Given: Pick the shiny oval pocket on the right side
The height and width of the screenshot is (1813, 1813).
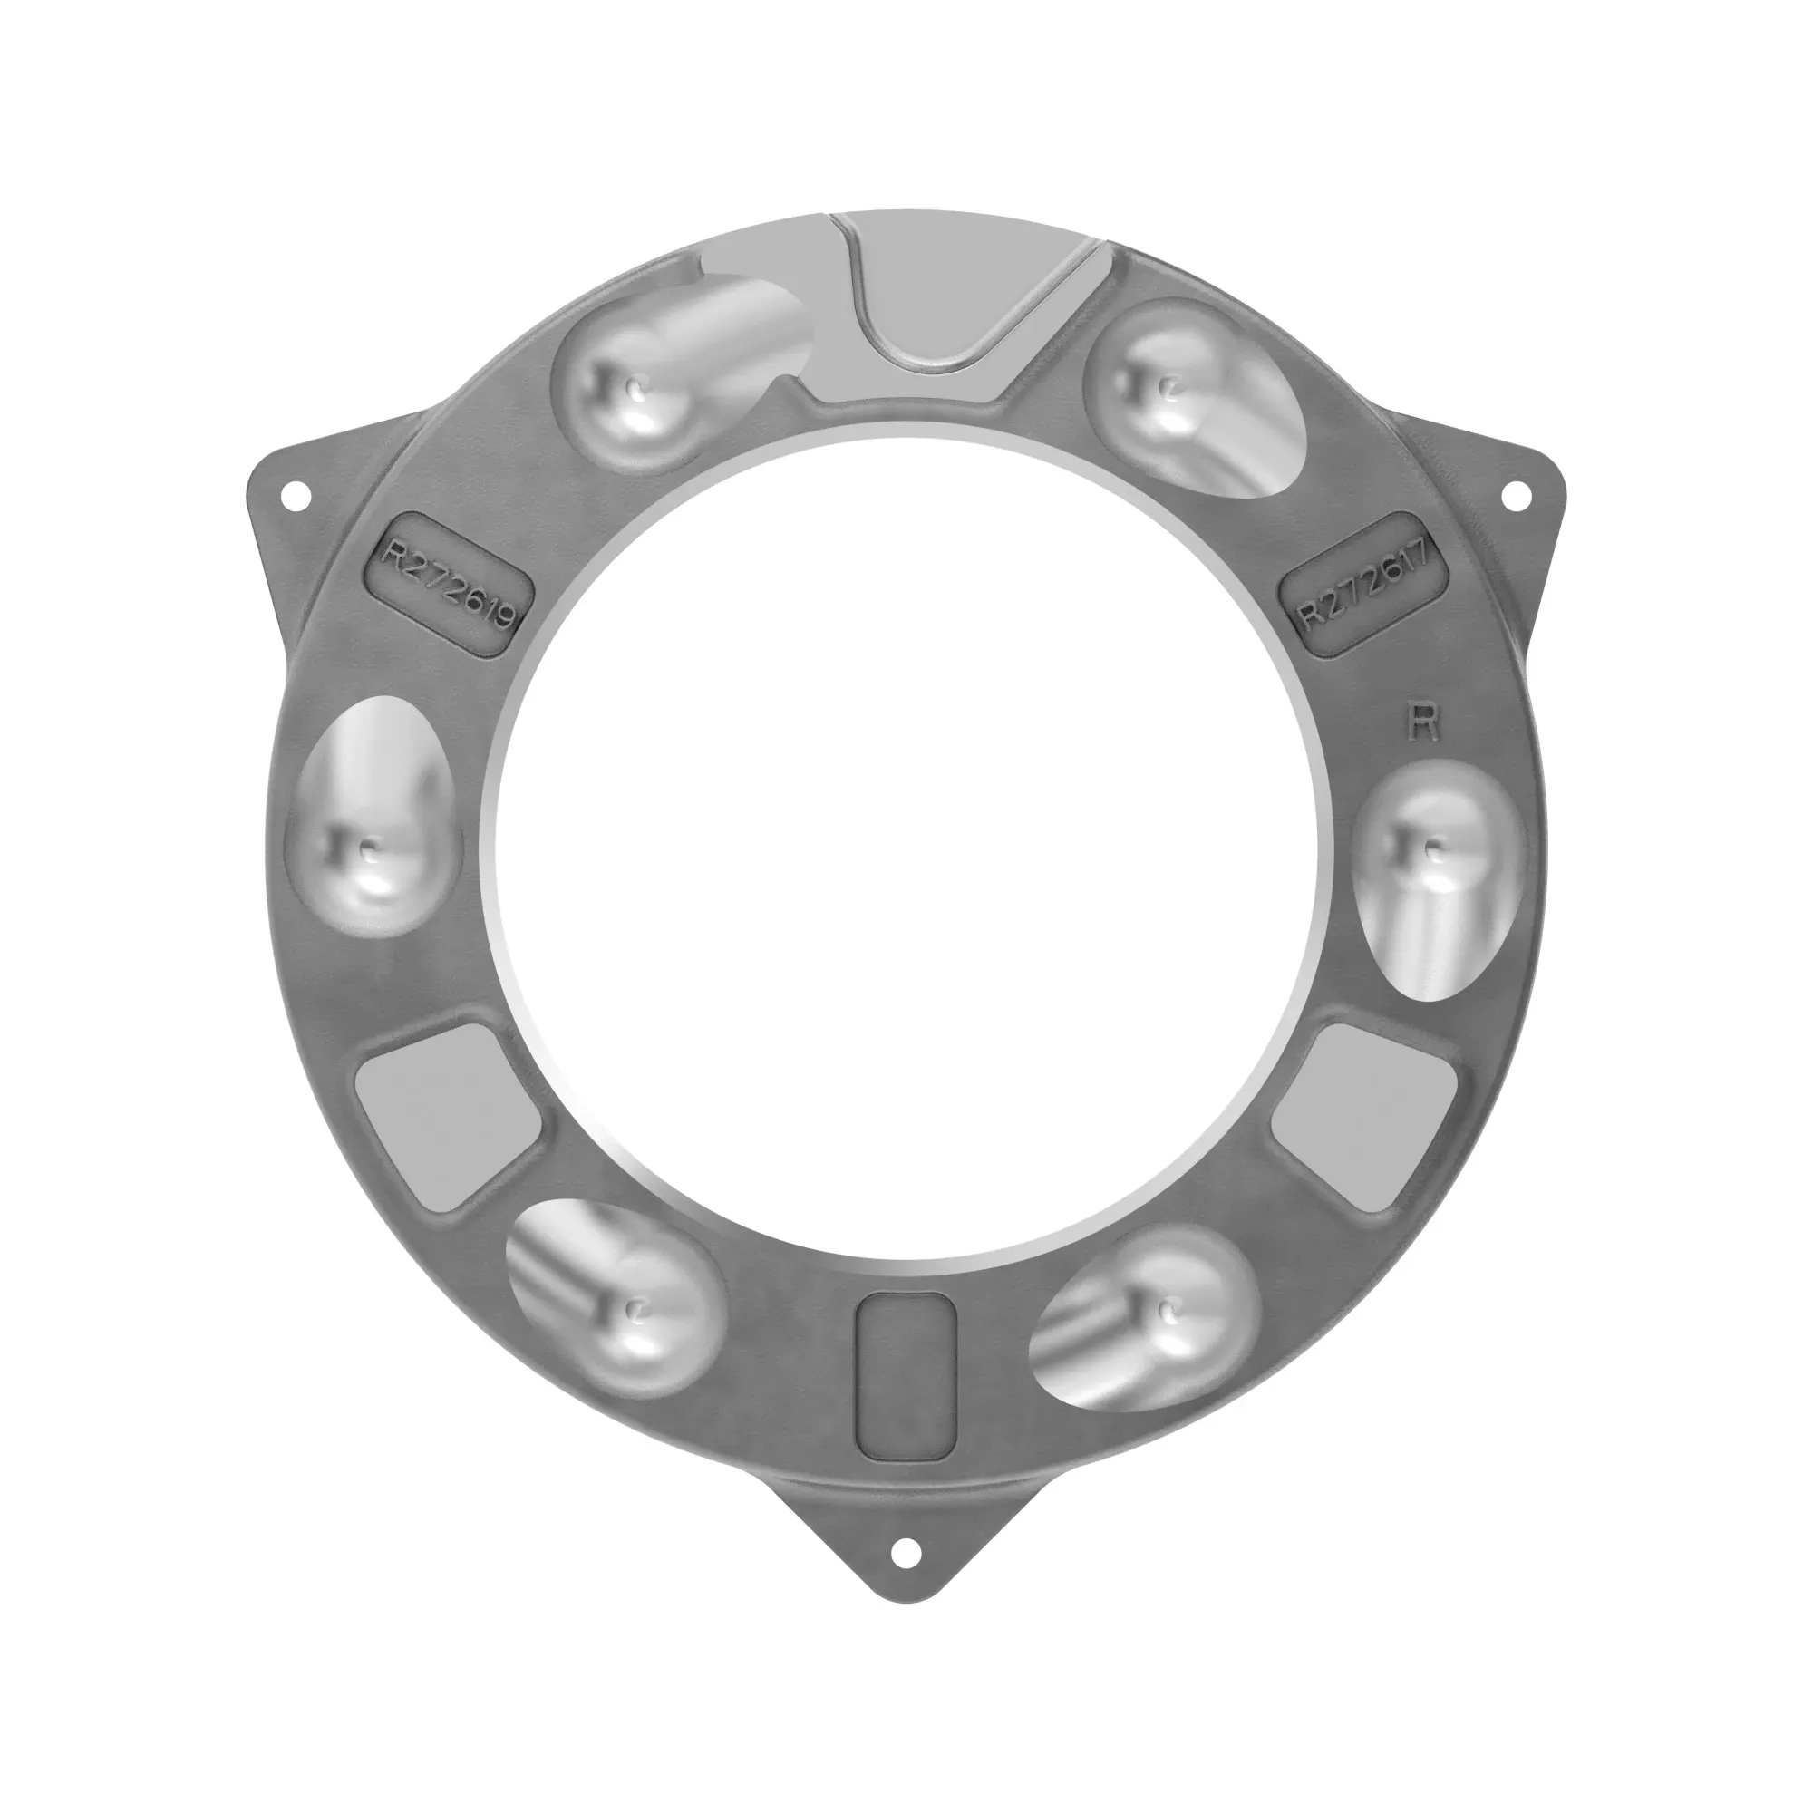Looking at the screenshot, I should click(x=1436, y=877).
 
